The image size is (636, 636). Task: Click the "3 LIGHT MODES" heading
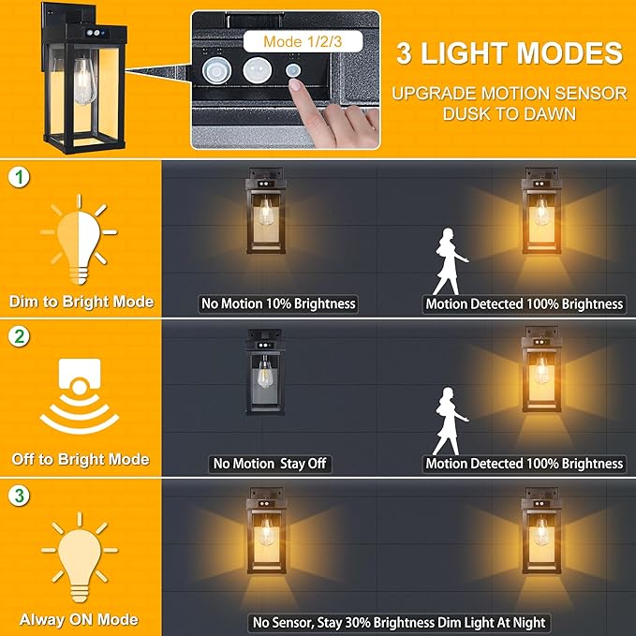(x=509, y=52)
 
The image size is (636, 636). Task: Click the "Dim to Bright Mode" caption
(x=81, y=302)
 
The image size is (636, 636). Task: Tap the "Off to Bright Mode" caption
(x=81, y=459)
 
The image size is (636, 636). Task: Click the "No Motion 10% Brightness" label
(x=278, y=303)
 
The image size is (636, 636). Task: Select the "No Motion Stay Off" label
(x=272, y=464)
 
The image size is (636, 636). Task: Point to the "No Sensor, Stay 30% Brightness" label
(x=398, y=622)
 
